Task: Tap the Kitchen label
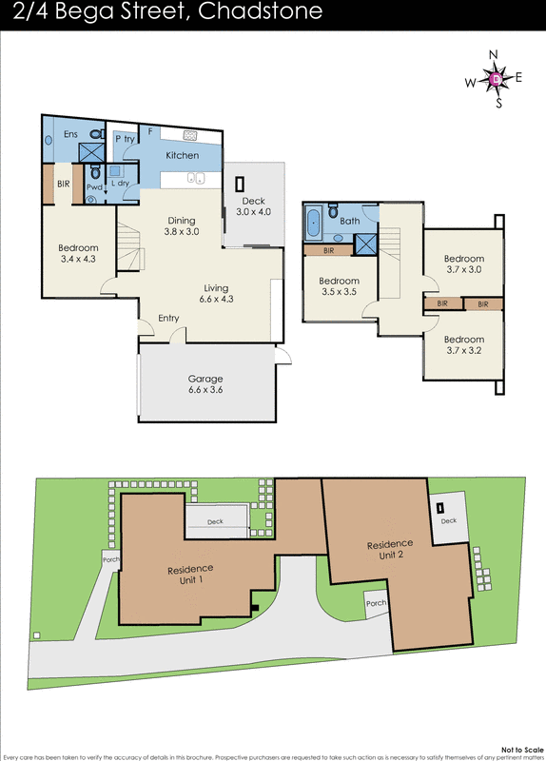pyautogui.click(x=183, y=155)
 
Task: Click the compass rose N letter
pyautogui.click(x=495, y=55)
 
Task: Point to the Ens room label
pyautogui.click(x=70, y=134)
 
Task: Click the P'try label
pyautogui.click(x=125, y=139)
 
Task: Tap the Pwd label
pyautogui.click(x=94, y=187)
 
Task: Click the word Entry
pyautogui.click(x=168, y=319)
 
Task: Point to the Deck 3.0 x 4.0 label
pyautogui.click(x=253, y=206)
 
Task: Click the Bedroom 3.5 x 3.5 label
pyautogui.click(x=338, y=286)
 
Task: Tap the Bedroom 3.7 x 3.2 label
pyautogui.click(x=463, y=344)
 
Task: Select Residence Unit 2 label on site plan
pyautogui.click(x=390, y=550)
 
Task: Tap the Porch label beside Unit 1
pyautogui.click(x=110, y=559)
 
